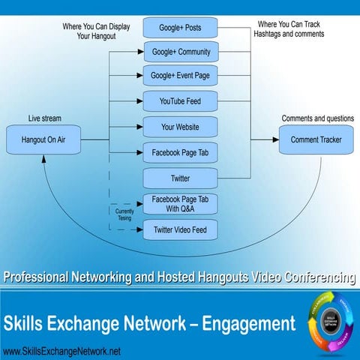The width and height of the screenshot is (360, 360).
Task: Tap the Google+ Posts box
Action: click(x=180, y=28)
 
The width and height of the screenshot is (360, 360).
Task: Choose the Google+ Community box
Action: click(x=180, y=52)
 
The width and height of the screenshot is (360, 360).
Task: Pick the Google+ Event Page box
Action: click(x=180, y=76)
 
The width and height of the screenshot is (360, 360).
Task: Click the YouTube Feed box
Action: click(x=180, y=100)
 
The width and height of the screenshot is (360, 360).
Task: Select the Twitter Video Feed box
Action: click(x=180, y=229)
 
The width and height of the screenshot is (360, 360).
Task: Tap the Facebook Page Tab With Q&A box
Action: click(x=180, y=203)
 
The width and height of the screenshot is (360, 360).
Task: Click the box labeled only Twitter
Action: click(x=180, y=178)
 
